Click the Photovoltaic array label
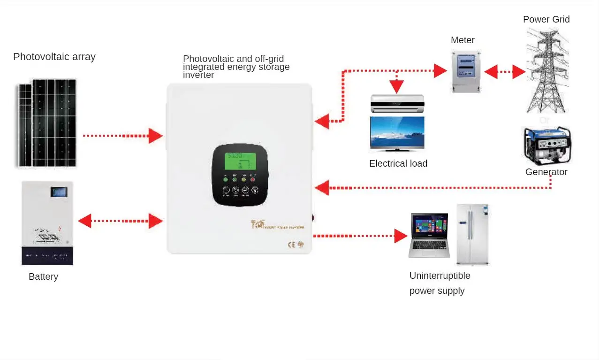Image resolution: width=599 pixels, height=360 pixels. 54,57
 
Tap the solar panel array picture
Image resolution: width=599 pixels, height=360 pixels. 47,123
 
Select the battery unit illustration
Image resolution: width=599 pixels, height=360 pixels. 47,223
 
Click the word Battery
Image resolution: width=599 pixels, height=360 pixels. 43,276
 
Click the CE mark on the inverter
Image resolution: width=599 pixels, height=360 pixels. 291,245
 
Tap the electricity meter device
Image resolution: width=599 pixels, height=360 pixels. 466,72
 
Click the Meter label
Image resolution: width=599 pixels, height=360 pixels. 463,40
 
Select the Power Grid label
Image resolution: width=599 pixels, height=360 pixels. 546,19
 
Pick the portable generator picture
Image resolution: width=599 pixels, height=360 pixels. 546,145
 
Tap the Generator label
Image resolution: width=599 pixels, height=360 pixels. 546,172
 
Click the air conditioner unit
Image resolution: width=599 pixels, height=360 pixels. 397,104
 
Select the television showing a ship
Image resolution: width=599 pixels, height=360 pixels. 397,133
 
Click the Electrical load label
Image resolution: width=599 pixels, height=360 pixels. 398,164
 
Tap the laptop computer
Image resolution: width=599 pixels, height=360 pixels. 428,235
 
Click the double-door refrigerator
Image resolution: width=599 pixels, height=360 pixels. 472,234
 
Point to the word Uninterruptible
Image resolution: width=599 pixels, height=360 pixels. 440,276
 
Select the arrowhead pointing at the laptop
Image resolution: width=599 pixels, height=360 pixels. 401,236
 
